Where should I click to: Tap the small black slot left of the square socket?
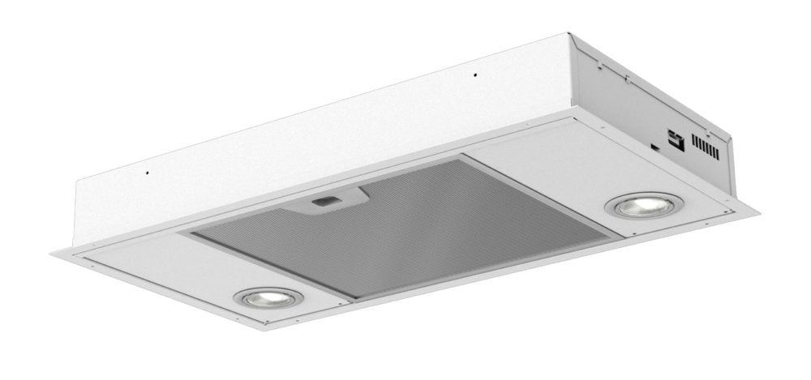pyautogui.click(x=654, y=147)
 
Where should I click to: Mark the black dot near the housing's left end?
pyautogui.click(x=147, y=172)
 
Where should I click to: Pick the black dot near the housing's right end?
pyautogui.click(x=475, y=76)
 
